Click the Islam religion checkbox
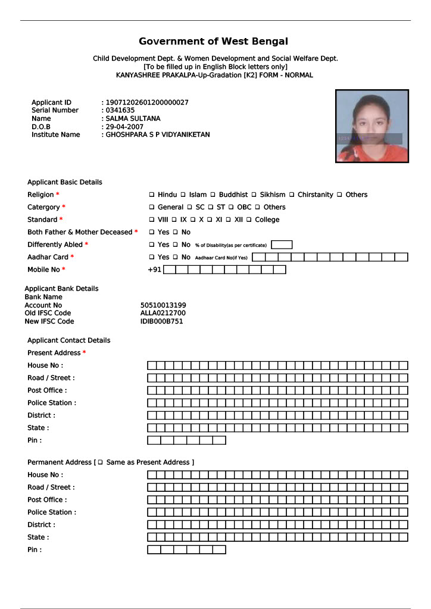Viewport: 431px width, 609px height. tap(183, 194)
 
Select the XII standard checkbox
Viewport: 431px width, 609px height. tap(229, 219)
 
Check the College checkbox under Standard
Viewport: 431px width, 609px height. tap(249, 219)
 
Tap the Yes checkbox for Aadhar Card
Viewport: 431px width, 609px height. tap(152, 257)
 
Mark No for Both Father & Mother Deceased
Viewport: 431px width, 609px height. tap(176, 232)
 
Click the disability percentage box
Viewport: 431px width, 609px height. tap(282, 244)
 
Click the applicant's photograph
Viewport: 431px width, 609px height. tap(372, 126)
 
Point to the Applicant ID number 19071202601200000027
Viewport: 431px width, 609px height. tap(147, 102)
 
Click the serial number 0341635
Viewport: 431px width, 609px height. tap(120, 110)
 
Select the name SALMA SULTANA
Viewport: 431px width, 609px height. tap(133, 118)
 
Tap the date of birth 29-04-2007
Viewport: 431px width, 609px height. tap(124, 127)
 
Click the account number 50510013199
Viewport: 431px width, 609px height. tap(163, 305)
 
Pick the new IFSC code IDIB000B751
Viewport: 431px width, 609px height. tap(162, 321)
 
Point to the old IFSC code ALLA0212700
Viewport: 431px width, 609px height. tap(163, 313)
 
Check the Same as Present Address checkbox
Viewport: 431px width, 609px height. tap(101, 462)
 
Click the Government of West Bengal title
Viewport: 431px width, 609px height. tap(213, 41)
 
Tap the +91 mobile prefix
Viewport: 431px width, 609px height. tap(155, 269)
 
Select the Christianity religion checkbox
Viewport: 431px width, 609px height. tap(292, 194)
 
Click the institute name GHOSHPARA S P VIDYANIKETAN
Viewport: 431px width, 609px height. tap(158, 134)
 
